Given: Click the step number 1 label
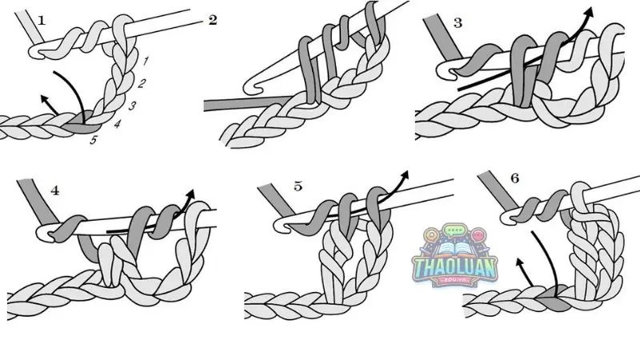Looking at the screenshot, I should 42,20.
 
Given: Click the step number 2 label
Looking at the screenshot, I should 213,20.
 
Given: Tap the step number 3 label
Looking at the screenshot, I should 458,22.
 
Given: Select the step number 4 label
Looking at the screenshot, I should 55,190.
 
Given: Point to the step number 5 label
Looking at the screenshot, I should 298,186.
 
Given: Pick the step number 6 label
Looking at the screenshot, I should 514,179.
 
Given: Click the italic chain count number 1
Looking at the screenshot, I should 146,61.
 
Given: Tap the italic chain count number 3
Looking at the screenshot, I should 133,106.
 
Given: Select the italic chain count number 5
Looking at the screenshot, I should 94,141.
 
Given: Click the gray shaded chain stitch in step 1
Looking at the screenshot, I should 84,126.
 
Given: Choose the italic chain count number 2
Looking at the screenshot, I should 142,83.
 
